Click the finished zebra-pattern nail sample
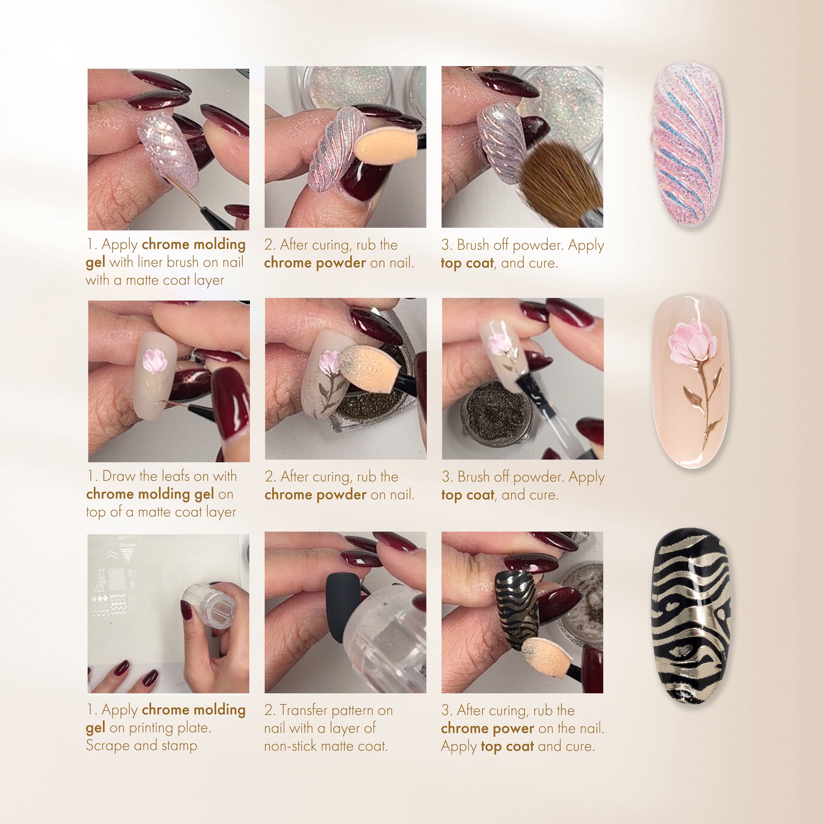click(690, 616)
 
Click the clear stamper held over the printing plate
click(209, 606)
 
